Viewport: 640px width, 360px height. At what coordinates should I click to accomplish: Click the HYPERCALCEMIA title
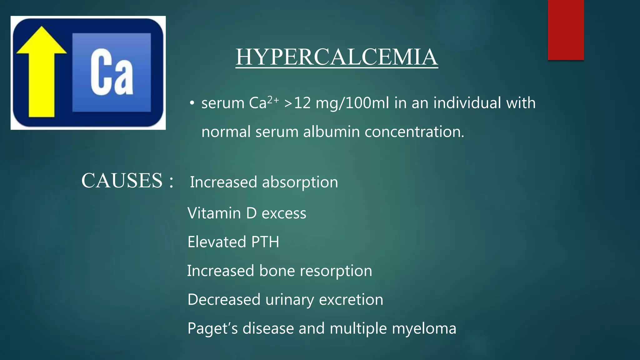[337, 57]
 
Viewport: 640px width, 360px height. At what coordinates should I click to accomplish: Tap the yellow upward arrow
[41, 72]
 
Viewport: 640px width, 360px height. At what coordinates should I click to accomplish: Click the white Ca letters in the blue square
[112, 72]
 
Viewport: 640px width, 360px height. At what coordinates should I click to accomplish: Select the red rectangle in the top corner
[566, 30]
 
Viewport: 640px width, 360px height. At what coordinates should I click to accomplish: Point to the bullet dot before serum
[192, 103]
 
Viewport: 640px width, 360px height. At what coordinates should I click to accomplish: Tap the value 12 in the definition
[302, 103]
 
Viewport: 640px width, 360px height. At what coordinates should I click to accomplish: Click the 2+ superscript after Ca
[273, 100]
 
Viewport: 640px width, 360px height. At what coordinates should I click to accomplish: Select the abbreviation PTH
[265, 242]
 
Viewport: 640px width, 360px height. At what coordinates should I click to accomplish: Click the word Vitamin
[214, 213]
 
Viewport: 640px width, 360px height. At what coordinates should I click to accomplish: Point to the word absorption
[300, 182]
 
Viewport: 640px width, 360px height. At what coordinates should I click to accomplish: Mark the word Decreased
[224, 300]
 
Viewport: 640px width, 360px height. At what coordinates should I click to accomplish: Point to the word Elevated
[217, 242]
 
